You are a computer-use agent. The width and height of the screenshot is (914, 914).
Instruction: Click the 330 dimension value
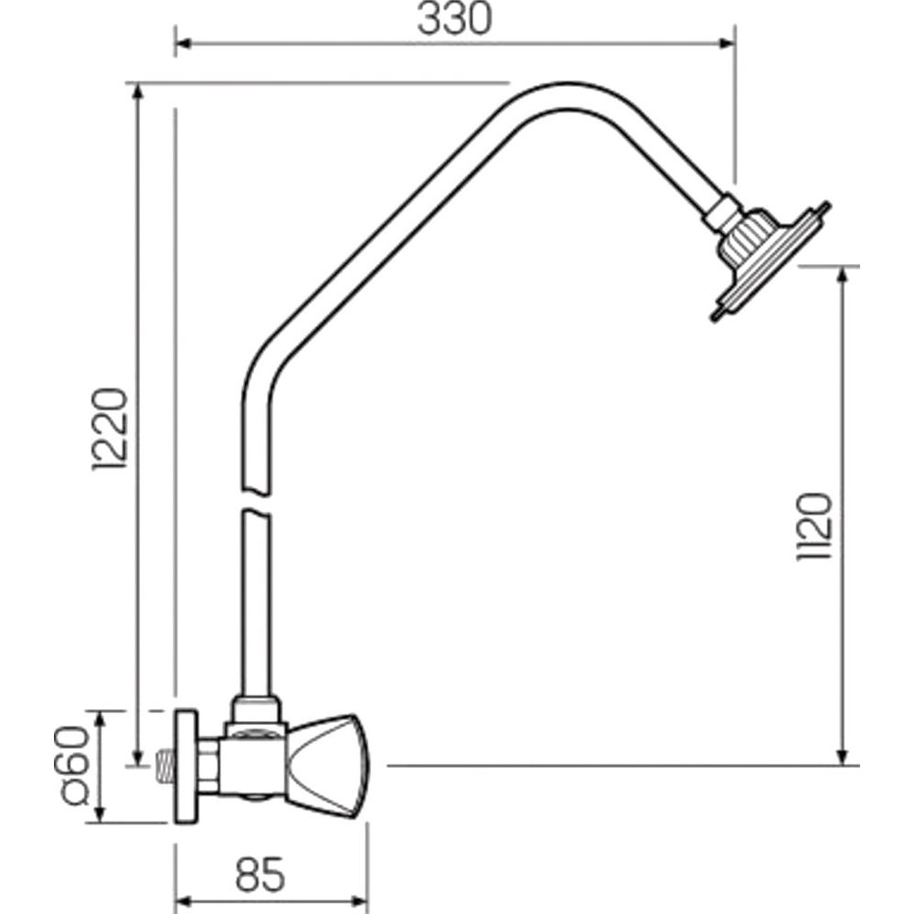(454, 18)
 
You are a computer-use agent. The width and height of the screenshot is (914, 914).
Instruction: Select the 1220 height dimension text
(109, 429)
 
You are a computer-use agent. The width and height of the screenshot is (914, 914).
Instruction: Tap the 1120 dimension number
(813, 527)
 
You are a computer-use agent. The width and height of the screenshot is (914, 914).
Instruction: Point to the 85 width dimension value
(260, 874)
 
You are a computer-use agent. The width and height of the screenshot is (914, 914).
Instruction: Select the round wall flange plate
(186, 766)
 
